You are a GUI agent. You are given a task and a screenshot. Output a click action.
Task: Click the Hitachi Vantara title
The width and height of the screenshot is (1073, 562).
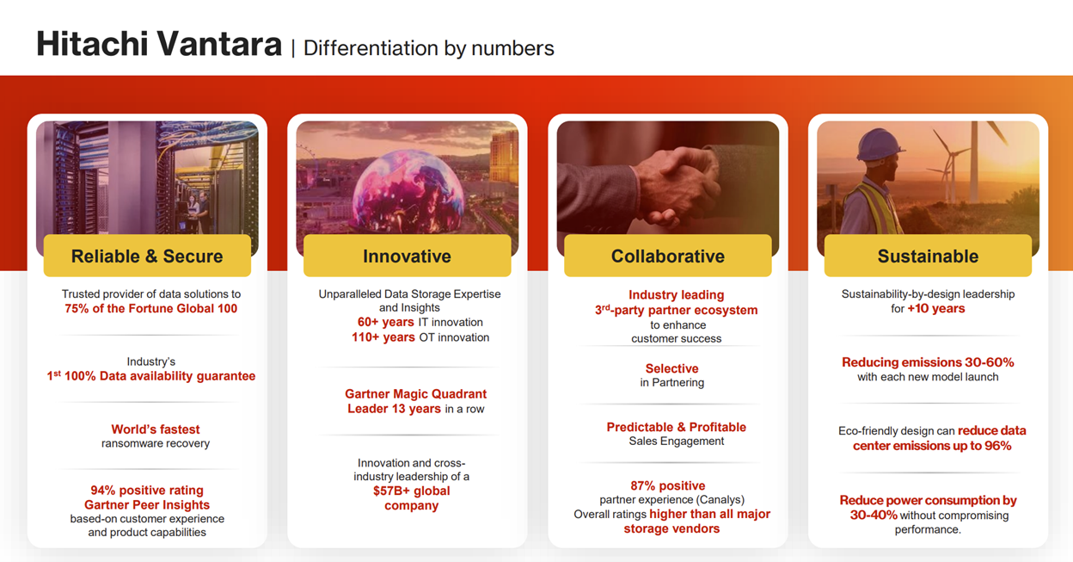point(159,44)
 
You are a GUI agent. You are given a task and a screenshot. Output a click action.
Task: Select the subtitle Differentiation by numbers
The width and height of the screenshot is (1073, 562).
point(429,48)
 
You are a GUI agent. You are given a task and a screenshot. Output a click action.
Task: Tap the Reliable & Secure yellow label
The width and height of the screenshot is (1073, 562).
point(147,256)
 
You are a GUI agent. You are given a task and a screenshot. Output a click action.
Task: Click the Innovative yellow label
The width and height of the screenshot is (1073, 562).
point(408,256)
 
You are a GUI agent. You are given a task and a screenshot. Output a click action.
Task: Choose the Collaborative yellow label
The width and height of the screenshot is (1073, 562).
point(668,256)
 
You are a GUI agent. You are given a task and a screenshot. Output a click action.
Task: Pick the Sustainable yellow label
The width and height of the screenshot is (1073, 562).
point(928,256)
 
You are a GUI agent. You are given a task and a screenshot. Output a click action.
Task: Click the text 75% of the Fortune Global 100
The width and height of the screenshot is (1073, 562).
point(151,308)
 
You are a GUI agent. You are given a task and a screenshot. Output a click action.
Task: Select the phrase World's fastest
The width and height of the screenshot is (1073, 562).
point(156,429)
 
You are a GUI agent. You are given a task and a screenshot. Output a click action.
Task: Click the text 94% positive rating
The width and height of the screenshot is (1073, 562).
point(147,490)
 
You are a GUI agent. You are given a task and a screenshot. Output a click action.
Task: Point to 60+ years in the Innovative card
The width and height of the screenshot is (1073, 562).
point(385,322)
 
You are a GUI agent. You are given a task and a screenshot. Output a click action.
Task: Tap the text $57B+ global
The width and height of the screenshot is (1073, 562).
point(412,491)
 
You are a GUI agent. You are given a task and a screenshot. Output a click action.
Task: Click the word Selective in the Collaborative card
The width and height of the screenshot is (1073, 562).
point(671,368)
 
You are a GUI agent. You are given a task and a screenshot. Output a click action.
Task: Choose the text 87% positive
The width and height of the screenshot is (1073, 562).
point(668,485)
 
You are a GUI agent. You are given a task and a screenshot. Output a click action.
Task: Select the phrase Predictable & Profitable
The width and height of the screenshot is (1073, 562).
point(677,427)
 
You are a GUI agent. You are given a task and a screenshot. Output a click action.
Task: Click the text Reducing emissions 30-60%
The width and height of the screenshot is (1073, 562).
point(928,362)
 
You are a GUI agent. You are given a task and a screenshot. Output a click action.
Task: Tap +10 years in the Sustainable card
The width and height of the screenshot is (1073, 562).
point(936,308)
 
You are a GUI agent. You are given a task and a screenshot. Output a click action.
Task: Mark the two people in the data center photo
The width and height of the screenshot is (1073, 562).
point(199,211)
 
